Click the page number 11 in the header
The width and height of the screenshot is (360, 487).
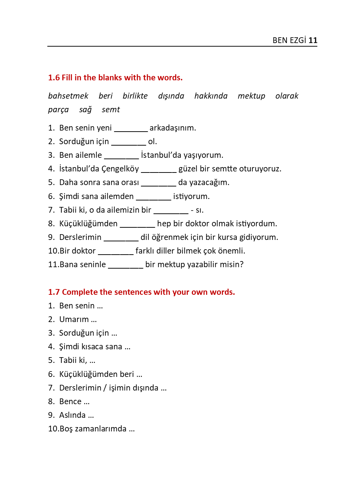click(313, 40)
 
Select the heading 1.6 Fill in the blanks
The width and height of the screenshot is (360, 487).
click(115, 77)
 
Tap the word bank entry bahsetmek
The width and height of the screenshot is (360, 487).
click(68, 96)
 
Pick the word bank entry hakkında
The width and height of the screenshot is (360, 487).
click(211, 96)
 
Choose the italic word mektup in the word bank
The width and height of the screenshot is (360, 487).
click(251, 96)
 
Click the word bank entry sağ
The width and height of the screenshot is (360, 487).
click(85, 110)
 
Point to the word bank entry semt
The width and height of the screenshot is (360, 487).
click(111, 109)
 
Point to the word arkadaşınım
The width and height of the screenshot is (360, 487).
click(172, 128)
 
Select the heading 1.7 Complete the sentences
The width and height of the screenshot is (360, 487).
click(141, 292)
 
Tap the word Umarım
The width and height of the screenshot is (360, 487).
click(74, 319)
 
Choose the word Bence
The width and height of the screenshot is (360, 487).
click(70, 401)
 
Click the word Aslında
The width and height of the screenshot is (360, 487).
click(72, 415)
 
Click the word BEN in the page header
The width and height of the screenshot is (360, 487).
click(280, 40)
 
